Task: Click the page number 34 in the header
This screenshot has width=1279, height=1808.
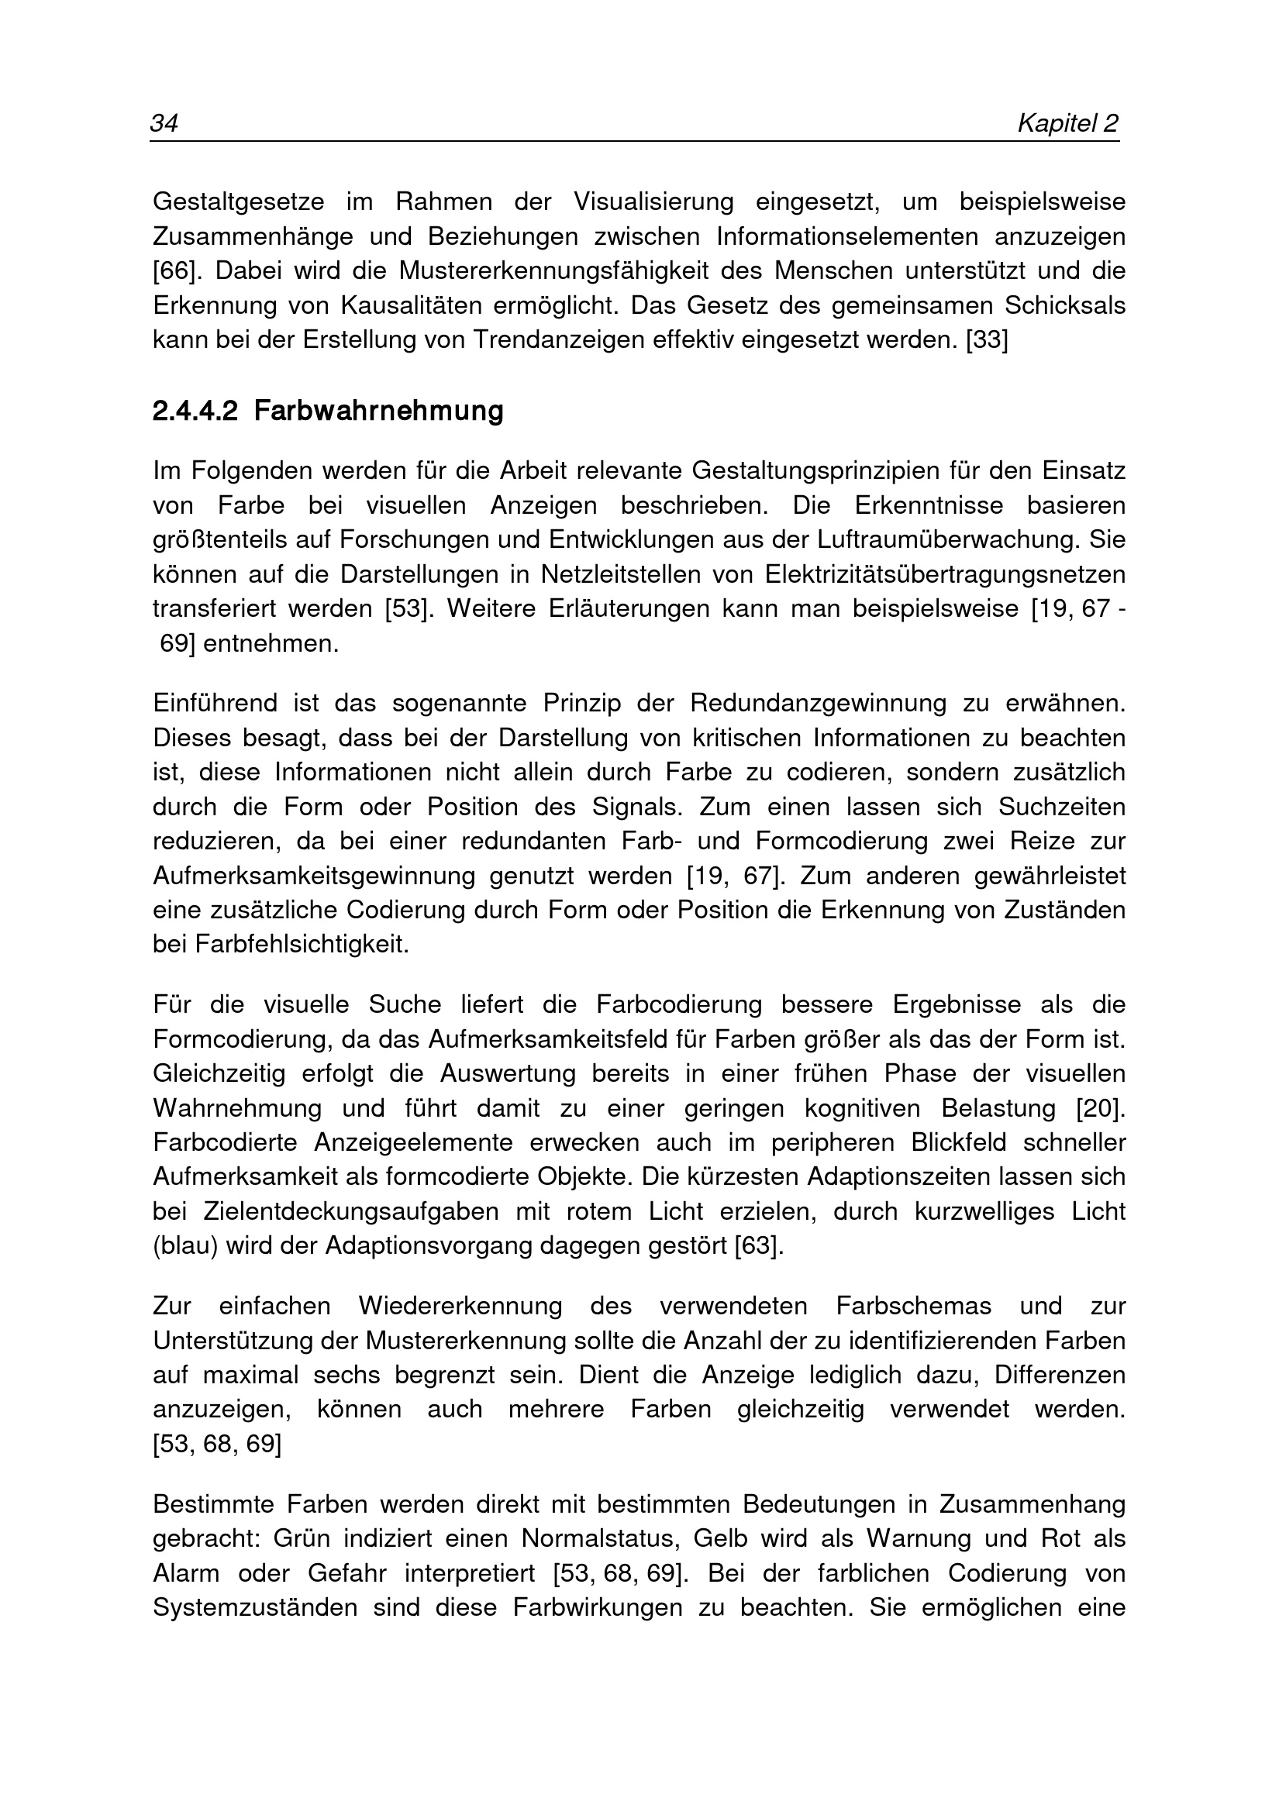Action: tap(164, 123)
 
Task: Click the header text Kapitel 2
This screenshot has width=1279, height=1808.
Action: tap(1068, 123)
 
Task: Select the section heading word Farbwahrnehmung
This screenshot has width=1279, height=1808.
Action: tap(379, 411)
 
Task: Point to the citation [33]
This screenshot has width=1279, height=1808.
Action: tap(987, 339)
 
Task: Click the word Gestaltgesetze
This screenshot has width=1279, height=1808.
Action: tap(239, 201)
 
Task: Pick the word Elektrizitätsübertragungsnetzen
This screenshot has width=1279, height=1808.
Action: tap(945, 574)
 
